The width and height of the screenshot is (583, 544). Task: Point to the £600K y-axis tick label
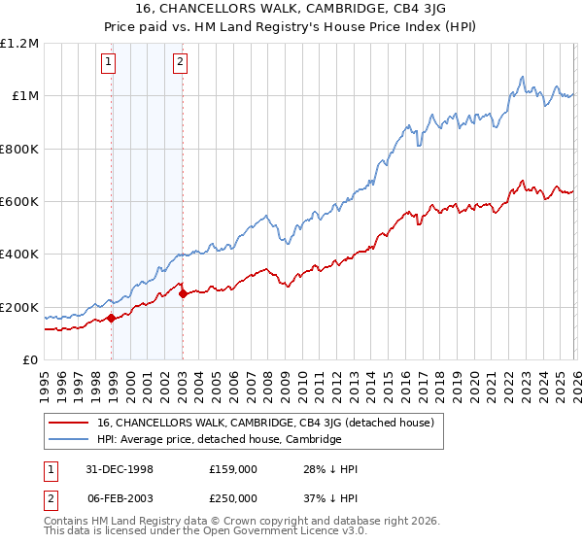pyautogui.click(x=19, y=202)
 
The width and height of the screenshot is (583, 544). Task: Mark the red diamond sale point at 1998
pyautogui.click(x=112, y=318)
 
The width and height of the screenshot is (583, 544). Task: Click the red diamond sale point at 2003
pyautogui.click(x=183, y=293)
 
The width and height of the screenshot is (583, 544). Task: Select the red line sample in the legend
pyautogui.click(x=69, y=423)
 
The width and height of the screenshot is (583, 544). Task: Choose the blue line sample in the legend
pyautogui.click(x=69, y=439)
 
